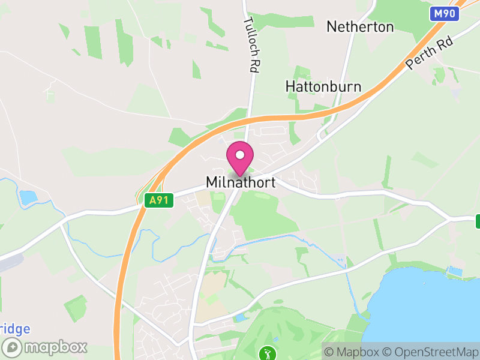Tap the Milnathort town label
[241, 182]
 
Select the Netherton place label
[360, 27]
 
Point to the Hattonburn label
[323, 86]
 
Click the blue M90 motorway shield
[445, 13]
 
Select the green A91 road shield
[159, 200]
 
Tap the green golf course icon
[266, 353]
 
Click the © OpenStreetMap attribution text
[432, 351]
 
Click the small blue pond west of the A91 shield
[28, 196]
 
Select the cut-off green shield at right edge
[478, 221]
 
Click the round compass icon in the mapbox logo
[13, 347]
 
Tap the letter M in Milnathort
[212, 182]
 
